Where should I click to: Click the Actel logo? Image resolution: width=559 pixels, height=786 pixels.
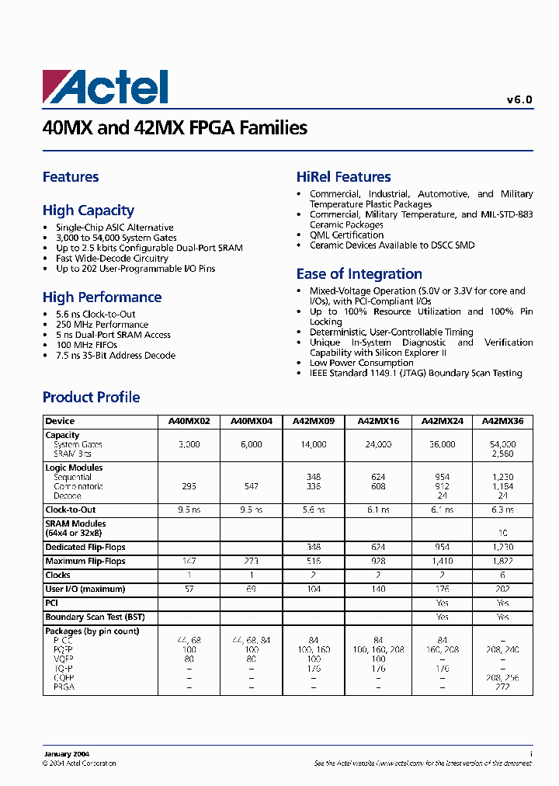(x=105, y=87)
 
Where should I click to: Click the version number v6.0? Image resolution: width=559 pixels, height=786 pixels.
(x=519, y=99)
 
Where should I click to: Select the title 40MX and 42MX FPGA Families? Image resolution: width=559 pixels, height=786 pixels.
(x=175, y=128)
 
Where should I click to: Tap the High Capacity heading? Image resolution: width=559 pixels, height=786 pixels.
(x=89, y=210)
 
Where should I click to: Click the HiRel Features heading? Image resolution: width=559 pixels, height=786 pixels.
(x=343, y=177)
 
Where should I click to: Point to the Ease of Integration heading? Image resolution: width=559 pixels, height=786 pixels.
(x=359, y=274)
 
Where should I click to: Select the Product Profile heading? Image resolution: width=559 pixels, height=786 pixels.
(x=91, y=398)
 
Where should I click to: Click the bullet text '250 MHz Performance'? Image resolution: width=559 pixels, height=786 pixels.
(x=102, y=325)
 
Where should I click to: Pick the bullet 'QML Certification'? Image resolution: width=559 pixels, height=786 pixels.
(x=346, y=235)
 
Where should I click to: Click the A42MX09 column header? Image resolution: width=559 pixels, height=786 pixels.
(x=313, y=421)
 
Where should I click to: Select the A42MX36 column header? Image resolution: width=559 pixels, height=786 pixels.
(x=502, y=421)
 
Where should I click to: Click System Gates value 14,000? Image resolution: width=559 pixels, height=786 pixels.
(x=313, y=445)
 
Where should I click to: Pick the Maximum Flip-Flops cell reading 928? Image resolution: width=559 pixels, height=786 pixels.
(x=378, y=562)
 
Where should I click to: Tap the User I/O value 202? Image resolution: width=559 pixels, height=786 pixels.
(x=502, y=589)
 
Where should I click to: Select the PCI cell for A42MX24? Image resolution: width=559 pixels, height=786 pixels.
(x=442, y=603)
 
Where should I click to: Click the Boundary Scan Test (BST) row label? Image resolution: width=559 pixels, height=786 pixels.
(x=95, y=617)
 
